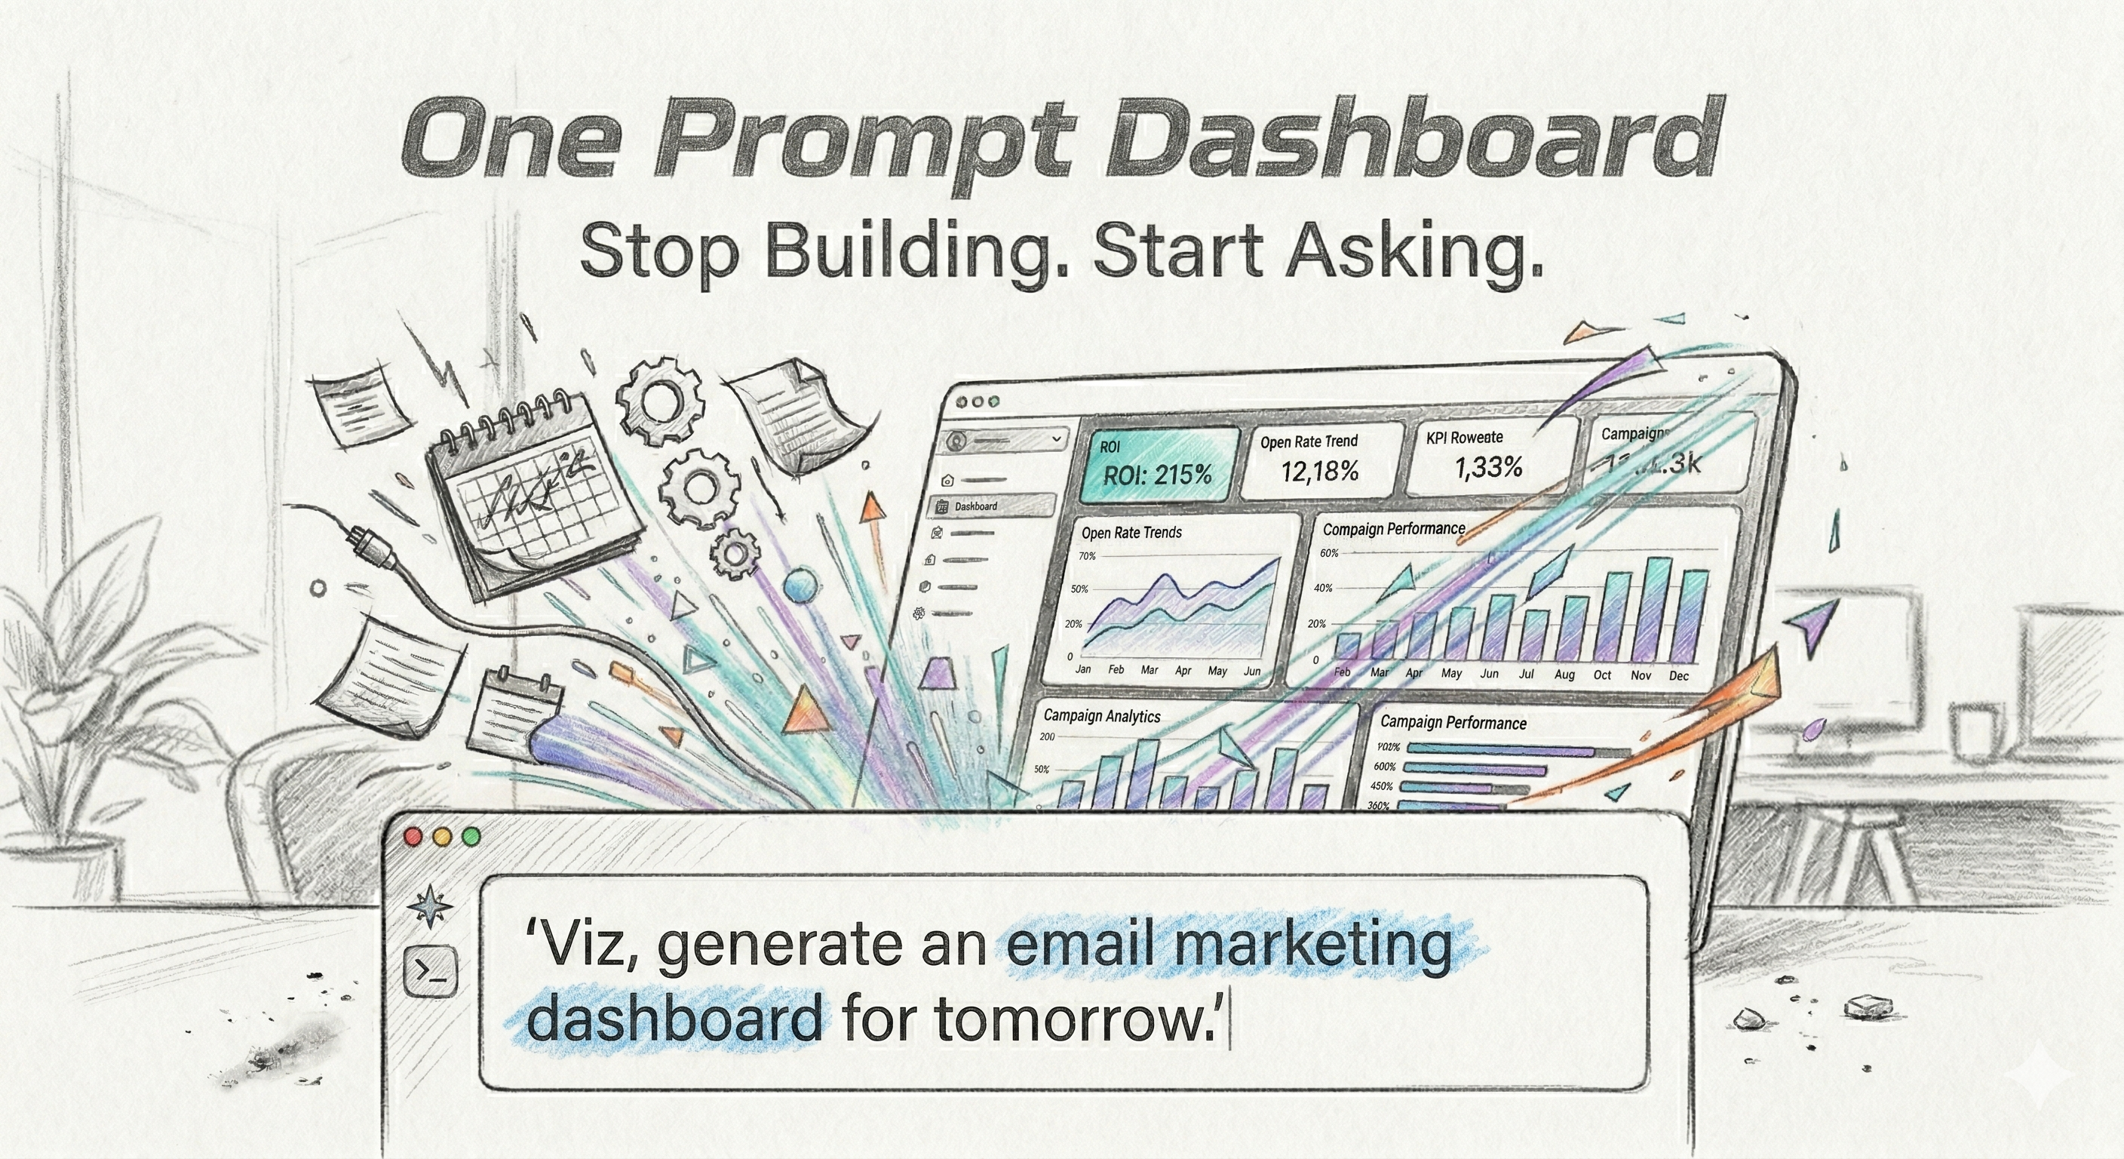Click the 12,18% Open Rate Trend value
pos(1319,471)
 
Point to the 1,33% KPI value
pos(1488,468)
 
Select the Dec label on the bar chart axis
pos(1679,675)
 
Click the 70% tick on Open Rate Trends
pos(1088,556)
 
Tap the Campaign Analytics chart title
pos(1101,715)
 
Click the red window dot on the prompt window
pos(414,838)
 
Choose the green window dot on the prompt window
pos(471,838)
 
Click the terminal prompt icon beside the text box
pos(431,972)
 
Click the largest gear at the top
pos(660,401)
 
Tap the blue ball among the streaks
pos(800,587)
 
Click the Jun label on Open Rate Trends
pos(1251,671)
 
